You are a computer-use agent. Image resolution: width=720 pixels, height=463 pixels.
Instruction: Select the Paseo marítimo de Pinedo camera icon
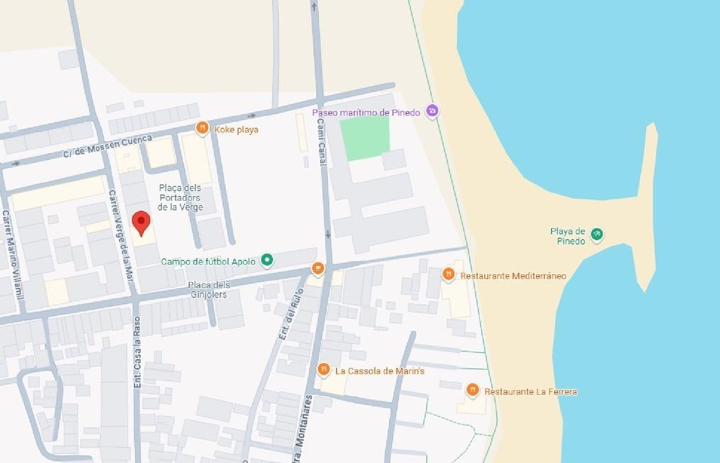(x=432, y=111)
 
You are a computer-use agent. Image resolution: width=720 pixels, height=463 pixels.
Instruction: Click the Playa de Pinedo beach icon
(x=597, y=234)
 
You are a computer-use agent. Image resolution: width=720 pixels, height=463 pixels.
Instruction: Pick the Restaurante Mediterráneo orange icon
(x=448, y=274)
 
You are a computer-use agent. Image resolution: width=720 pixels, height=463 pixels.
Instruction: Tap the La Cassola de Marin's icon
(x=324, y=369)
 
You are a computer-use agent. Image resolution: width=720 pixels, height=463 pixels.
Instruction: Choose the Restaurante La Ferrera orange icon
(x=473, y=390)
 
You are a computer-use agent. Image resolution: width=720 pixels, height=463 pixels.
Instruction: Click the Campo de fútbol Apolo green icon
(x=267, y=260)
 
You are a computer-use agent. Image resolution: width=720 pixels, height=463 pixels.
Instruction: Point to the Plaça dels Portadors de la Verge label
(x=180, y=197)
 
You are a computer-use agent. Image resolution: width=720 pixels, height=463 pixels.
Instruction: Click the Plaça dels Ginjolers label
(x=209, y=290)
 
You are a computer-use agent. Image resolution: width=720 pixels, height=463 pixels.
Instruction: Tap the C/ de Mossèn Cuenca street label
(x=108, y=146)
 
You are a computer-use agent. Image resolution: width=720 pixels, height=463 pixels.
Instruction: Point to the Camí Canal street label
(x=322, y=142)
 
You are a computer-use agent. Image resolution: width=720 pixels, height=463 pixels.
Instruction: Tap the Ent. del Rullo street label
(x=291, y=314)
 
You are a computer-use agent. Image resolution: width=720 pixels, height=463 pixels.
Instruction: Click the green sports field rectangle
(x=365, y=138)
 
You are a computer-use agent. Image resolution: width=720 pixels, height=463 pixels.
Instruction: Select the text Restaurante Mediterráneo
(x=513, y=276)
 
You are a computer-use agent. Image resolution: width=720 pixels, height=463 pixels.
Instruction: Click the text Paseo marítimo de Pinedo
(x=366, y=112)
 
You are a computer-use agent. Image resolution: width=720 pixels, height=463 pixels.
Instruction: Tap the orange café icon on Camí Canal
(x=318, y=268)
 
